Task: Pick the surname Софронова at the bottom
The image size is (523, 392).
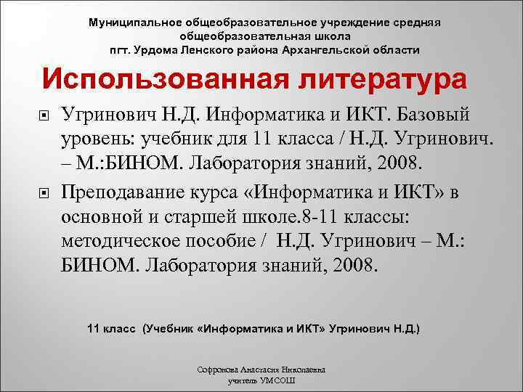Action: (x=216, y=369)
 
